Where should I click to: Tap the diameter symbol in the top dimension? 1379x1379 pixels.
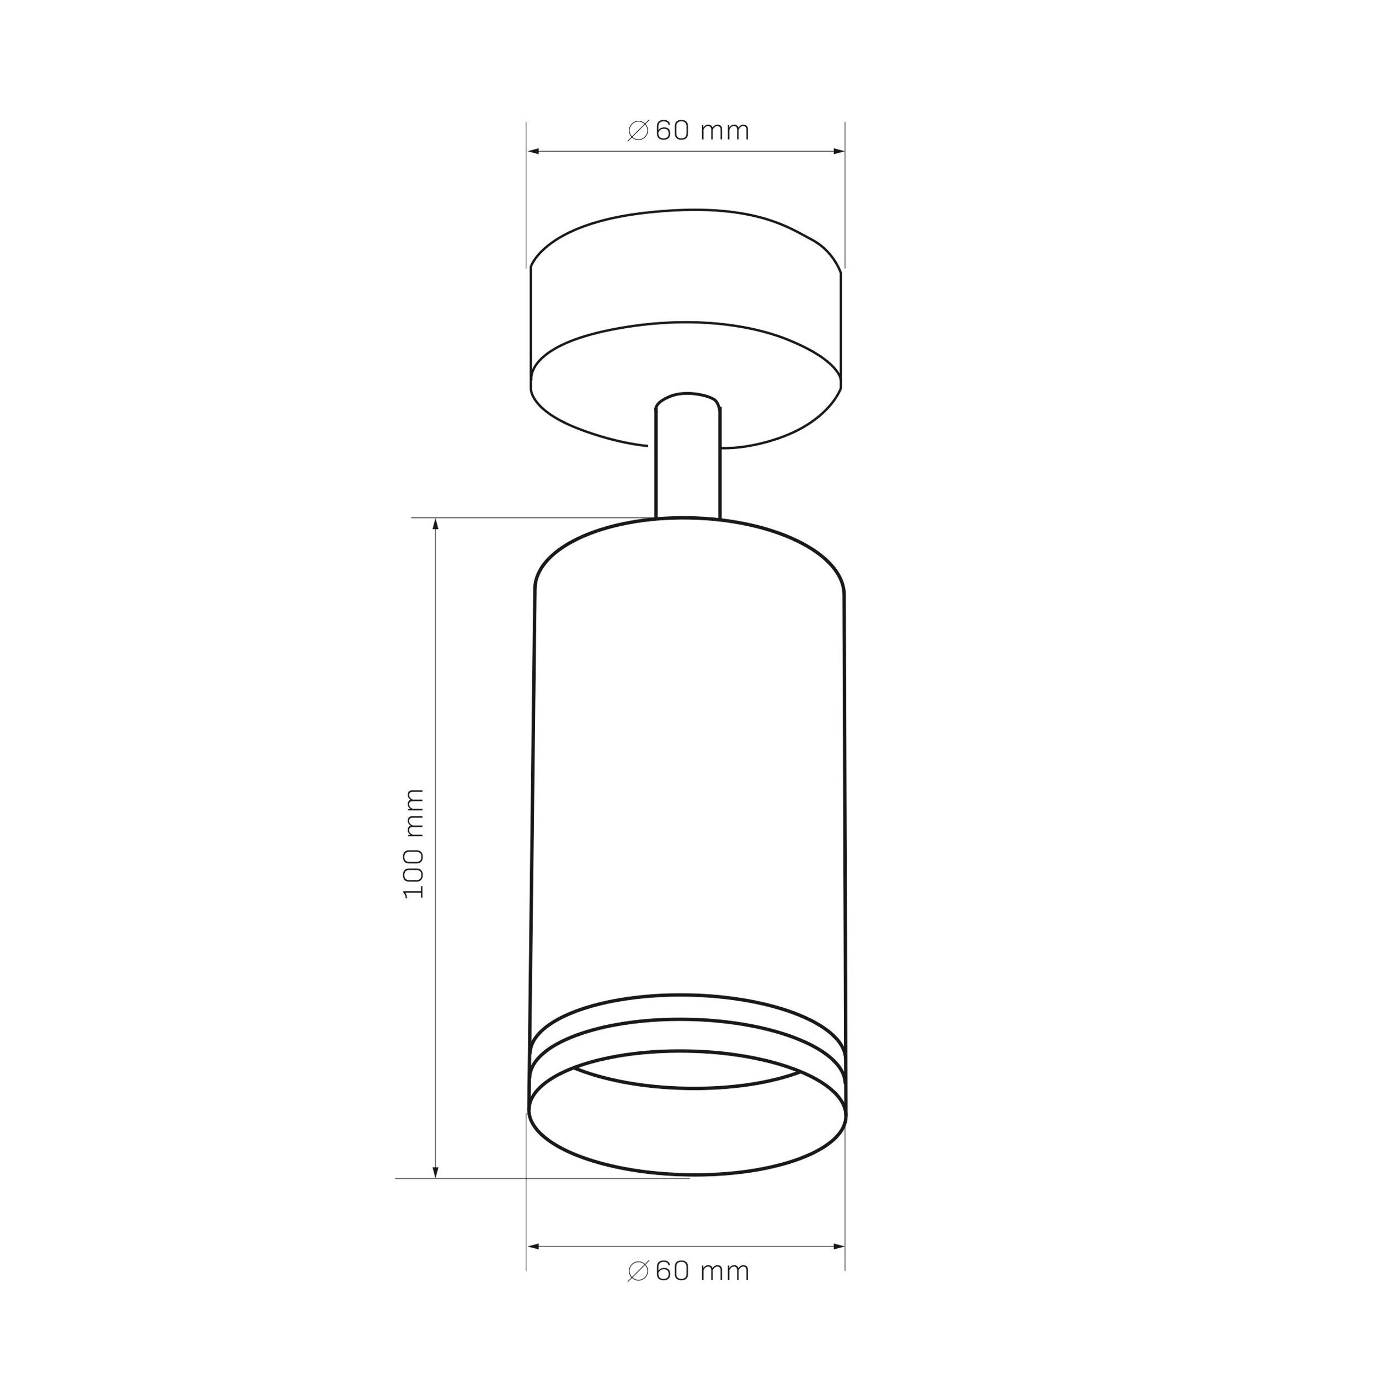pos(638,131)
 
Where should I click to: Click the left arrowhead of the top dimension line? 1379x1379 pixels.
pos(533,151)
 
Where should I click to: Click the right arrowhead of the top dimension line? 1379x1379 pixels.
pos(838,151)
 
